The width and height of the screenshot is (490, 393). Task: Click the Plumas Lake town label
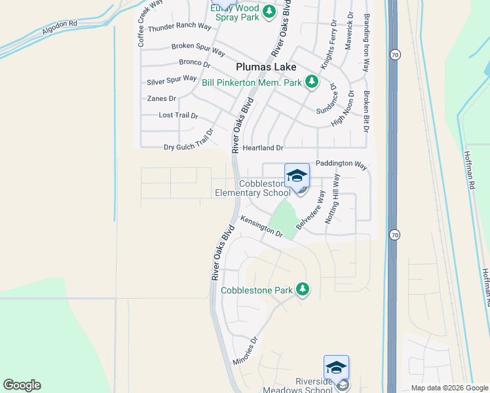tap(266, 67)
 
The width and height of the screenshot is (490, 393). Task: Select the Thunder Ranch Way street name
tap(179, 28)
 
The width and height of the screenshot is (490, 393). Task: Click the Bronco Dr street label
tap(194, 64)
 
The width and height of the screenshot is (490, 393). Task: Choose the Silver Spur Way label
tap(172, 80)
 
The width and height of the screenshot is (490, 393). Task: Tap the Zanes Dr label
tap(162, 98)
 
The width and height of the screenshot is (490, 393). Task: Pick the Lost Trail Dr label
tap(178, 115)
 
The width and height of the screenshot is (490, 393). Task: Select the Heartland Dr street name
tap(262, 149)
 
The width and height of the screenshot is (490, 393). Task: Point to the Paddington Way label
tap(341, 164)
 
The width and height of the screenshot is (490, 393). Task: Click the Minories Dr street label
tap(246, 352)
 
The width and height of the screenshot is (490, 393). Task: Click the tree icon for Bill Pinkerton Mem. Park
tap(312, 82)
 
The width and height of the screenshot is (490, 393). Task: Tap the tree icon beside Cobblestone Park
tap(302, 288)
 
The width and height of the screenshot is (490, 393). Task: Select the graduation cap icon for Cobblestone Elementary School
tap(297, 175)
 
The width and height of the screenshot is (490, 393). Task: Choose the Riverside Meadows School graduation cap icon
tap(336, 367)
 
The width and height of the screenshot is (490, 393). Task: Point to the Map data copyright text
tap(449, 388)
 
